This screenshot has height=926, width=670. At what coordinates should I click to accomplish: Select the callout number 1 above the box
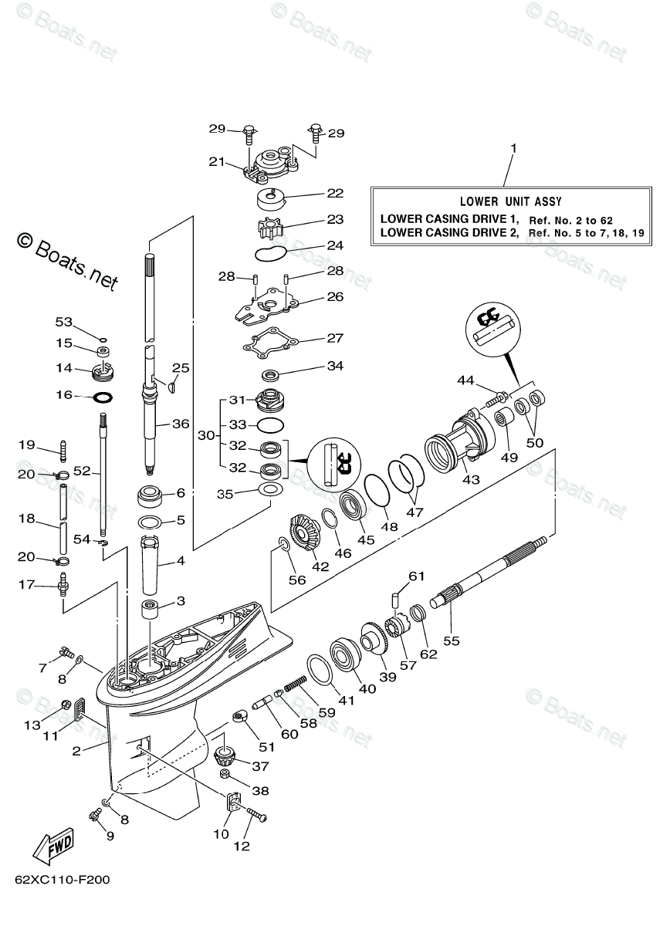(x=513, y=147)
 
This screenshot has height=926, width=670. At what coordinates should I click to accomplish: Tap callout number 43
(x=471, y=479)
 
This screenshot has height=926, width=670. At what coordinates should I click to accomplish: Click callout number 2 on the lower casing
(x=76, y=750)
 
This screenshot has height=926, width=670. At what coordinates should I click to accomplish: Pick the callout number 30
(x=205, y=435)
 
